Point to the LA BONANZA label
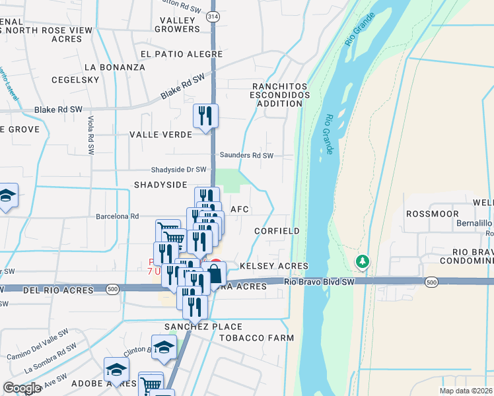tap(115, 67)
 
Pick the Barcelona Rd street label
tap(118, 216)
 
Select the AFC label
tap(239, 209)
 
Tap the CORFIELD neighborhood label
tap(277, 232)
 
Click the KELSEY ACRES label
tap(274, 266)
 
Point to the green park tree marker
tap(363, 262)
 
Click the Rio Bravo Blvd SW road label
tap(320, 282)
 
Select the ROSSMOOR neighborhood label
tap(428, 214)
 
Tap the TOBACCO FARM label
tap(262, 338)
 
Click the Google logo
tap(22, 388)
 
